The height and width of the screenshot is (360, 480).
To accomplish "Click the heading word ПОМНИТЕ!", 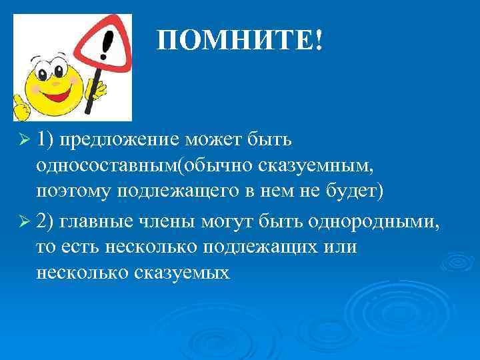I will click(240, 42).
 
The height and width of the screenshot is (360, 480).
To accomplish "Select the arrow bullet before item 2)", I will click(25, 221).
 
